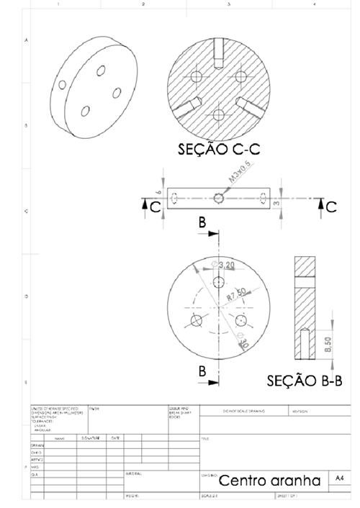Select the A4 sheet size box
(x=341, y=478)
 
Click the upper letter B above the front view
(x=204, y=224)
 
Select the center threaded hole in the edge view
(x=219, y=198)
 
